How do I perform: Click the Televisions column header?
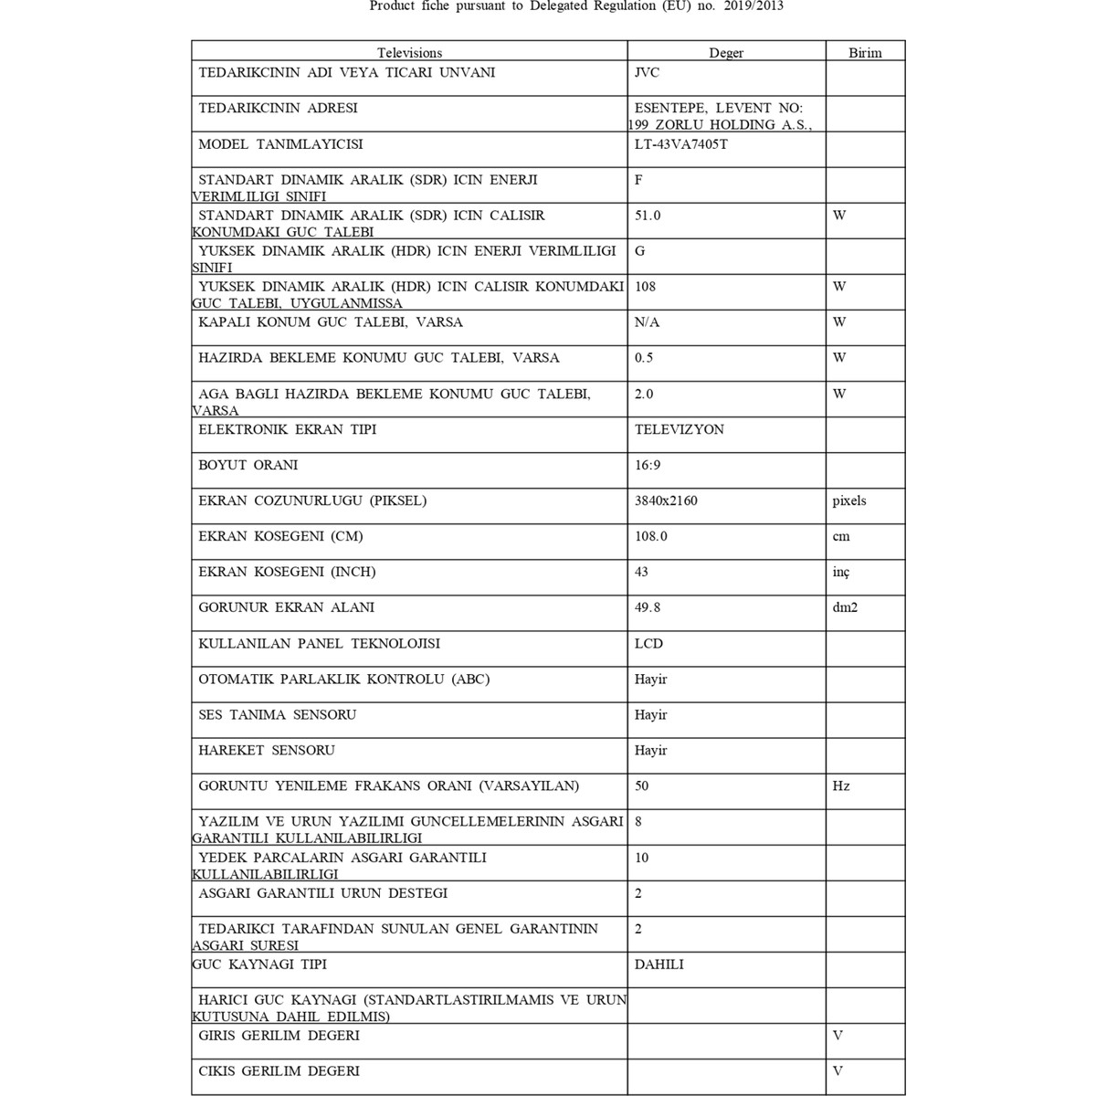tap(409, 53)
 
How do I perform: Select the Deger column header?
tap(726, 53)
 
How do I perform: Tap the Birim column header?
tap(865, 53)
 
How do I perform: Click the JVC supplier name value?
tap(647, 72)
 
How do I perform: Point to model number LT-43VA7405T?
tap(681, 144)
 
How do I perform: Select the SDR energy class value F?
tap(638, 180)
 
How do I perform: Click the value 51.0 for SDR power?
tap(648, 216)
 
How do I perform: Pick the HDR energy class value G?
tap(639, 251)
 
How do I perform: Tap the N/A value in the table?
tap(647, 322)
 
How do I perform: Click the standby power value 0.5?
tap(644, 358)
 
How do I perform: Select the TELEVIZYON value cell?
tap(680, 429)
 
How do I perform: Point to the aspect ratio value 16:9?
tap(648, 465)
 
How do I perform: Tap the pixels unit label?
tap(849, 501)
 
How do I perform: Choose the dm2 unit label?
tap(845, 607)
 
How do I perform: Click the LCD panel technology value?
tap(648, 643)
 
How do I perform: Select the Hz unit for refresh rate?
tap(841, 785)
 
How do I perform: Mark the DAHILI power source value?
tap(659, 964)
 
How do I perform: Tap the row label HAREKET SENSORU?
tap(267, 750)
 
